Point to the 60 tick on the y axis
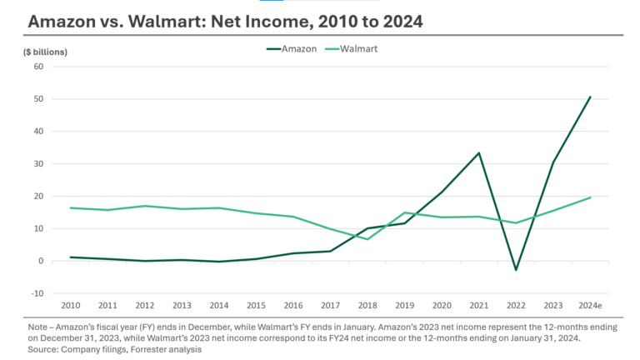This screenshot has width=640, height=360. [37, 67]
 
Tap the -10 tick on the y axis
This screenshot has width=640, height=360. [36, 293]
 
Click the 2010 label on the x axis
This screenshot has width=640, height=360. [72, 306]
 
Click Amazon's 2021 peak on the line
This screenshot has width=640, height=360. [478, 152]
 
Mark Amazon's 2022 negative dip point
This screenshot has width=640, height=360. [515, 270]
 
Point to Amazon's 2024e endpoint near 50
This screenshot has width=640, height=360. [590, 97]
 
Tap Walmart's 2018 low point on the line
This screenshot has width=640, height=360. [367, 239]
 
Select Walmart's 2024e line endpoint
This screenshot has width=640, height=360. [590, 197]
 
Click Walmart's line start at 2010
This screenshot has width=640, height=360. [72, 207]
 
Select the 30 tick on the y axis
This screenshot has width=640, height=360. [37, 164]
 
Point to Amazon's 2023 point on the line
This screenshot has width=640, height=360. [552, 162]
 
